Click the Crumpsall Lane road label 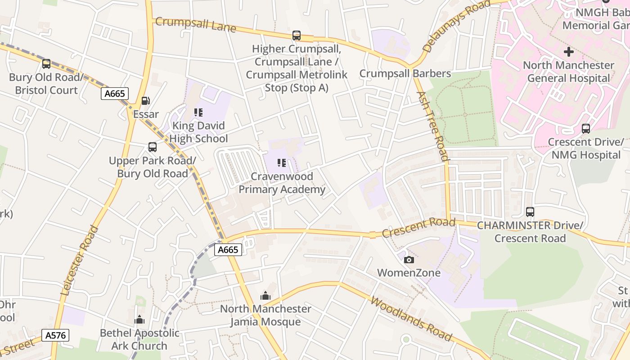(x=195, y=24)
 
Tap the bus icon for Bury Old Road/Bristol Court (x=46, y=64)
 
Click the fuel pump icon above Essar (x=145, y=101)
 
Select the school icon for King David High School (x=198, y=112)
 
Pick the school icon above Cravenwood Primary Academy (x=282, y=163)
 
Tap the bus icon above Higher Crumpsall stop (x=296, y=35)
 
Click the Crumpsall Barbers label (x=405, y=73)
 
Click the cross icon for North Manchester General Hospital (x=569, y=52)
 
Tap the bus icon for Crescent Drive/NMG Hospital (x=585, y=129)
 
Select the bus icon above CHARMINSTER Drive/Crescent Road (x=530, y=212)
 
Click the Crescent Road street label (x=418, y=227)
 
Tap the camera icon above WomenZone (x=409, y=260)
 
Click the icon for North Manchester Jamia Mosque (x=265, y=296)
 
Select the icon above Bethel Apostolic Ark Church (x=139, y=320)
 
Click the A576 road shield (x=55, y=335)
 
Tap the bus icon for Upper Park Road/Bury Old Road (x=153, y=147)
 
